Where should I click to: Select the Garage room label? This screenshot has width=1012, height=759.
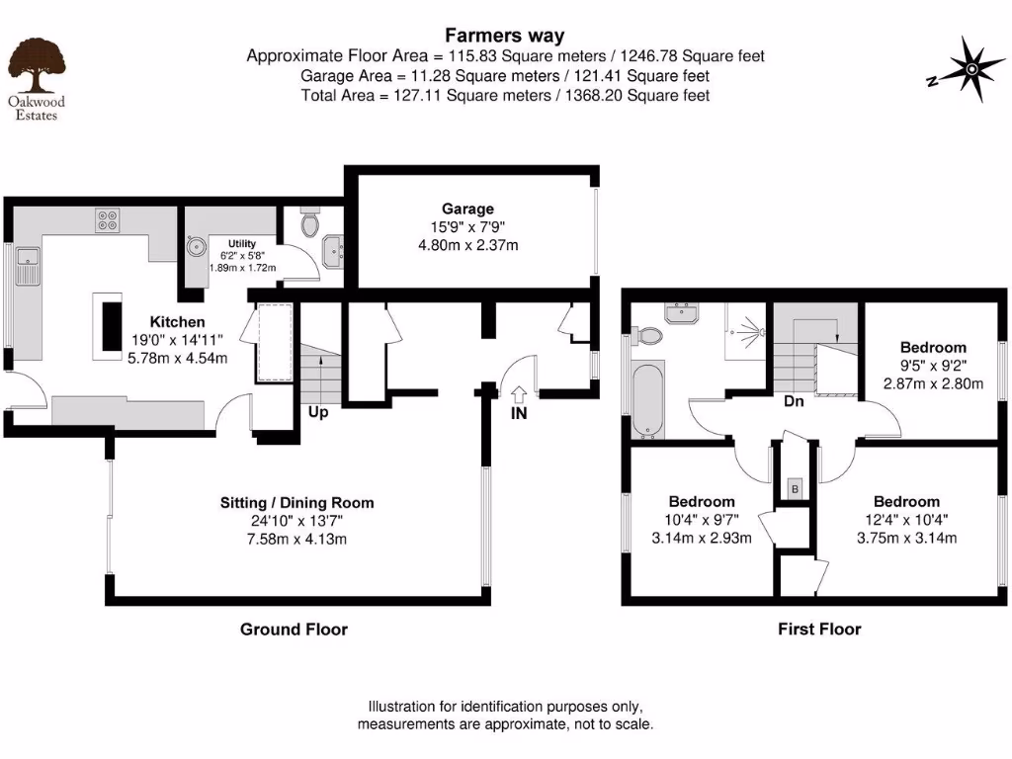[x=467, y=209]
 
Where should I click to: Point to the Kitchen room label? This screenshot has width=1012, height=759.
[x=178, y=321]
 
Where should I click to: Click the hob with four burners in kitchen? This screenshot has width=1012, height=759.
[x=107, y=220]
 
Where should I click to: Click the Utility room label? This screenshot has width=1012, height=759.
[x=242, y=242]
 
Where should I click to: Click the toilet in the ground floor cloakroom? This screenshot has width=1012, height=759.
[x=310, y=223]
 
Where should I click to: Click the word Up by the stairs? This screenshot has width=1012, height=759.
[x=317, y=412]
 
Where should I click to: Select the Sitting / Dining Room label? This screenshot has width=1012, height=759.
[x=296, y=503]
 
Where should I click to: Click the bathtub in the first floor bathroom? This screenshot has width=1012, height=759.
[x=648, y=400]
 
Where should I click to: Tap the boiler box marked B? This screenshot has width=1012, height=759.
[x=794, y=488]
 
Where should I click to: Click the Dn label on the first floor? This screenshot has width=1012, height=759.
[x=794, y=401]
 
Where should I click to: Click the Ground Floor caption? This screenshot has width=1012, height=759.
[x=294, y=629]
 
